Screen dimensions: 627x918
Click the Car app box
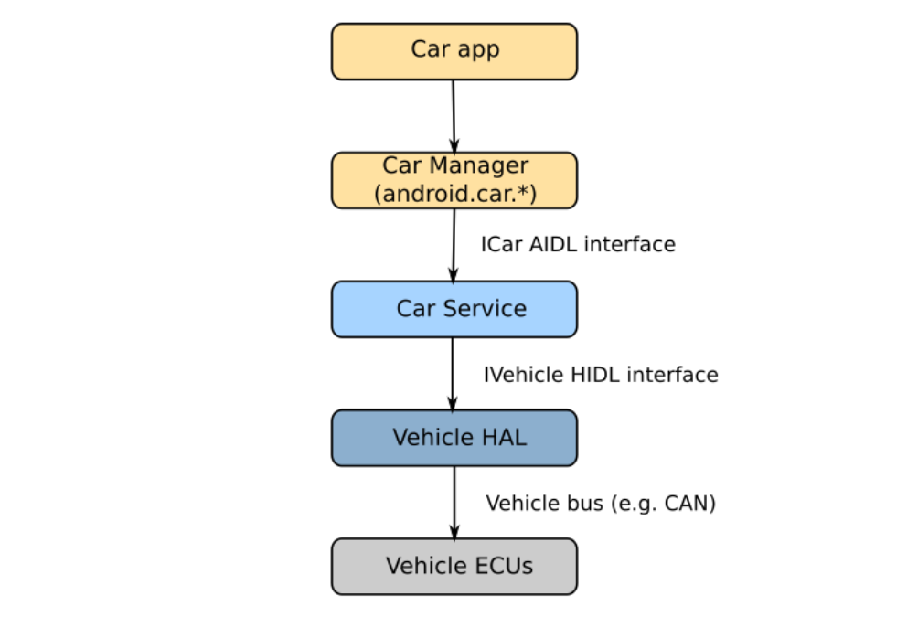click(x=454, y=51)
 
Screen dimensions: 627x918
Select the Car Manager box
click(x=454, y=180)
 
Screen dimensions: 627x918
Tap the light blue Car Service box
click(x=454, y=309)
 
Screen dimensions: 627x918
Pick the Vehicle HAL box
click(x=454, y=438)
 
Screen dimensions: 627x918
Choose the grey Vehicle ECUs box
click(x=454, y=567)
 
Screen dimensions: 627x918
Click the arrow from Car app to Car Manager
click(x=454, y=114)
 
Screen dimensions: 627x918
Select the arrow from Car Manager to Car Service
click(x=454, y=244)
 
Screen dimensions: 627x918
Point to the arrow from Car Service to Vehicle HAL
click(x=453, y=373)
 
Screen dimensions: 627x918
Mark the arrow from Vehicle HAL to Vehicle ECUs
click(x=454, y=502)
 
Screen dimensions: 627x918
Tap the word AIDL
click(x=552, y=245)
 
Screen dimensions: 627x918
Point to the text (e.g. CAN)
click(x=659, y=504)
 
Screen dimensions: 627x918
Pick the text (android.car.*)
click(x=454, y=194)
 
